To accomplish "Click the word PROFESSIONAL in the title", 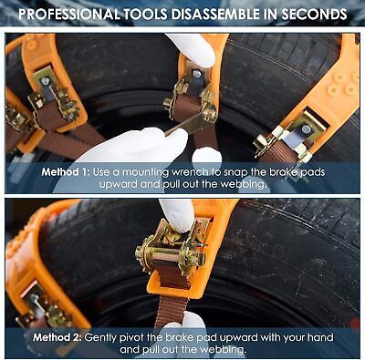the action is pos(68,14).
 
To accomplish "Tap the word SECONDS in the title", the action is pos(314,14).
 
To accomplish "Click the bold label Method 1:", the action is pos(66,172).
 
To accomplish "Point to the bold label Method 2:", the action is pos(57,337).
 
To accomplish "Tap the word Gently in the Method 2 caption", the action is pos(101,338).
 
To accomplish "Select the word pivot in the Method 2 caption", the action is pos(132,338).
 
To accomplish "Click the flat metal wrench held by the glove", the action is pos(183,127).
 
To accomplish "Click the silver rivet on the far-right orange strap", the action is pos(306,129).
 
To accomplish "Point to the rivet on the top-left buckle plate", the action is pos(46,81).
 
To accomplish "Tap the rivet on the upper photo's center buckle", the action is pos(196,73).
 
